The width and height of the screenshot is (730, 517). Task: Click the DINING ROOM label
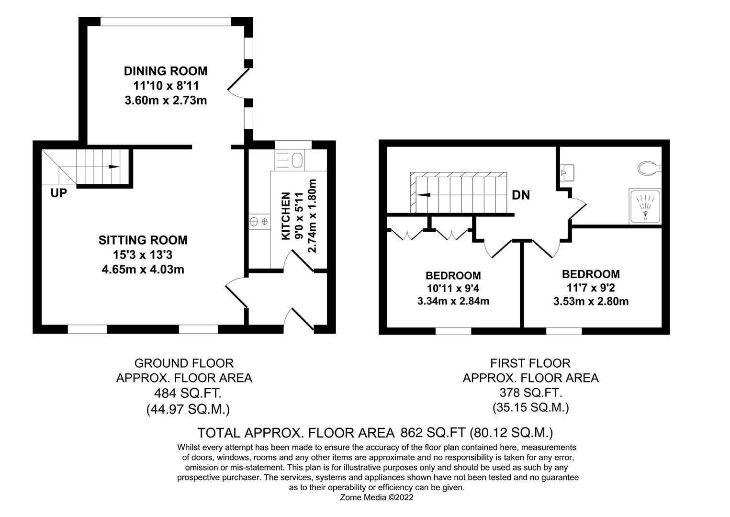(x=166, y=71)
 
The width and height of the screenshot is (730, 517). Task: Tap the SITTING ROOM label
(x=143, y=240)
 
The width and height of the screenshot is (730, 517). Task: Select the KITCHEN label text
(x=285, y=216)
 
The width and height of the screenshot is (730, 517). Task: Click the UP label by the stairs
(x=59, y=193)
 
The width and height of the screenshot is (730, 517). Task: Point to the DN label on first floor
(x=521, y=195)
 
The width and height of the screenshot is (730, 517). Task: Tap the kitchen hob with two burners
(x=259, y=222)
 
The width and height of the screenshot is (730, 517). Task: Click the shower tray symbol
(x=646, y=206)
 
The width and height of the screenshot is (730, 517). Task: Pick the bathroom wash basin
(x=568, y=172)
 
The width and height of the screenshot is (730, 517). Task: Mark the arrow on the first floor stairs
(x=423, y=195)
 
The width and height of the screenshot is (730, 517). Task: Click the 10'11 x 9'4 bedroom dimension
(x=453, y=288)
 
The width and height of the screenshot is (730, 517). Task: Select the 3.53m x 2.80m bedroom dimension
(x=591, y=302)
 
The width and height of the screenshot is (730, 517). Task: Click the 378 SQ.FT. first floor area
(x=530, y=393)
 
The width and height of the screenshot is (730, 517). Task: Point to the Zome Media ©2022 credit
(x=377, y=497)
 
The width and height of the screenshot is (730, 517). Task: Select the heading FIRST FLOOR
(x=530, y=363)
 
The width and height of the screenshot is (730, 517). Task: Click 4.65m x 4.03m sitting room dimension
(x=143, y=269)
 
